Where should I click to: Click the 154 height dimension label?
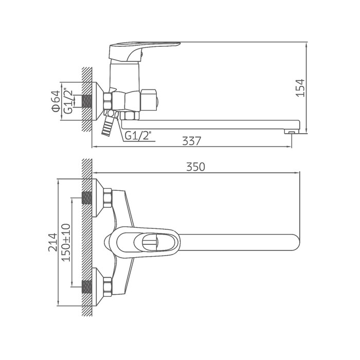[x=301, y=88]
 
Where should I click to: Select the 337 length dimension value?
[x=191, y=141]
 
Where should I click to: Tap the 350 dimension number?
[x=195, y=167]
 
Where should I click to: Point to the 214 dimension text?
[x=53, y=242]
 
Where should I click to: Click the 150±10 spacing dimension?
[x=66, y=242]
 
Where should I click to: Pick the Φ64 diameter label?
[x=56, y=101]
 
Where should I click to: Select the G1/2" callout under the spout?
[x=138, y=136]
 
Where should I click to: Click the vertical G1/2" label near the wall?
[x=68, y=101]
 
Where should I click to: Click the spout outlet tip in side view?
[x=292, y=132]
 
